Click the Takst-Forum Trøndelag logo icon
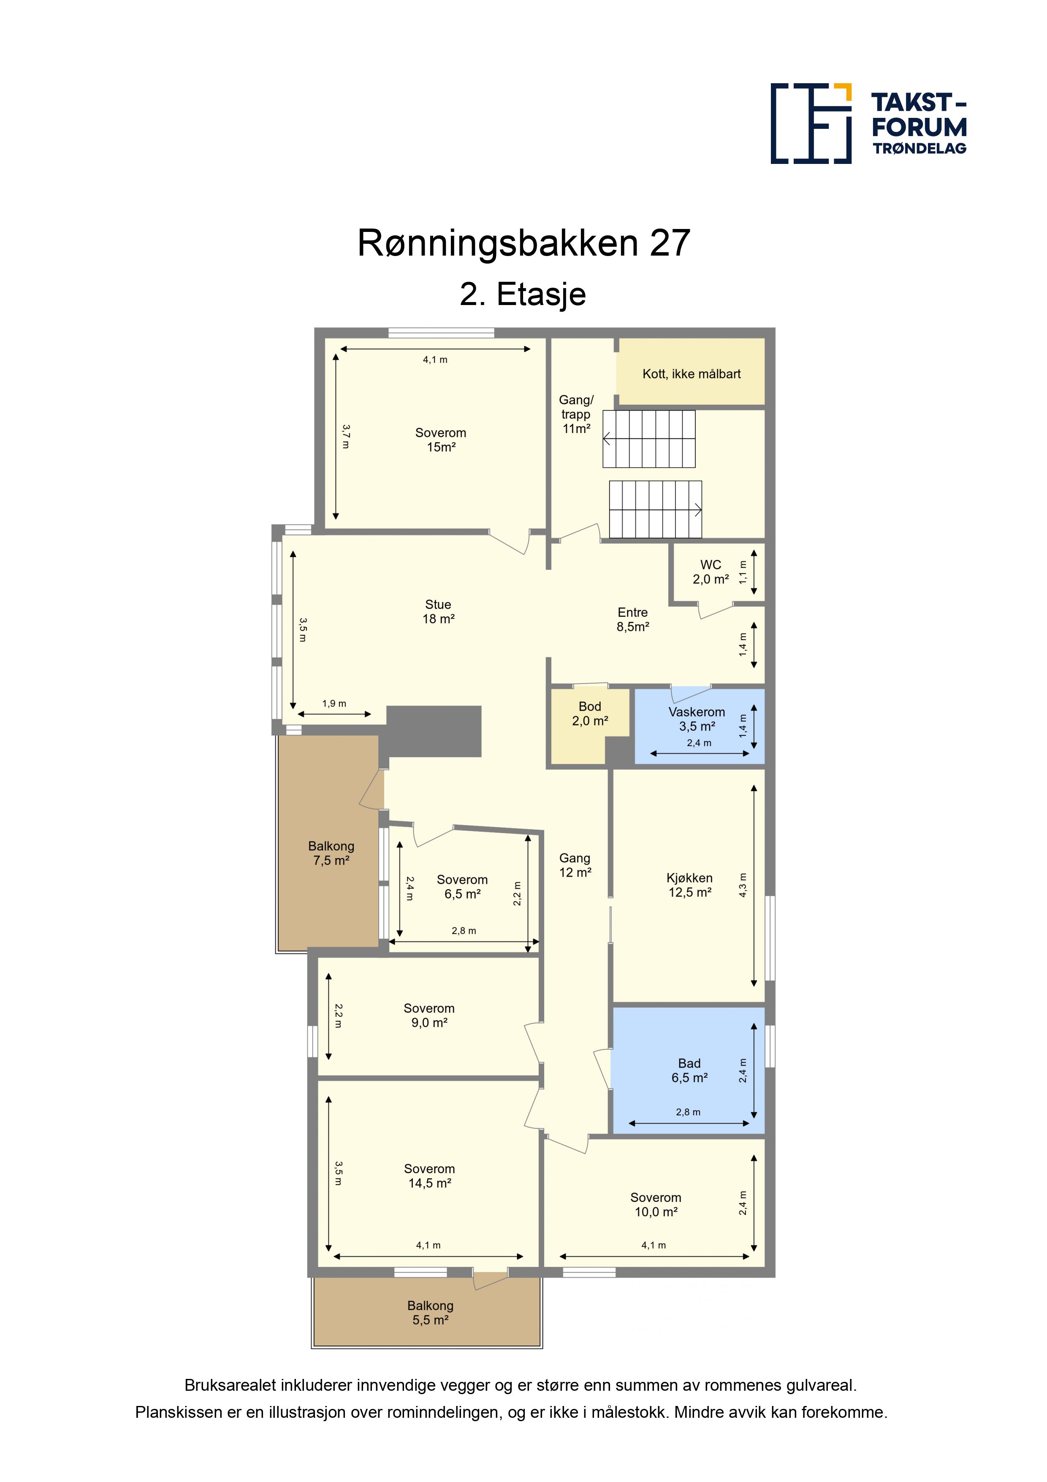811,123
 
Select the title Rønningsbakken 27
524,243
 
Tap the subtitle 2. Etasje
523,294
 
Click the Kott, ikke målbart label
692,374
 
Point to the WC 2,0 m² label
711,572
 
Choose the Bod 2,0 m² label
590,714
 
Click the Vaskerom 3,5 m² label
697,719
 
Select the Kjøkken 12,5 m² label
689,885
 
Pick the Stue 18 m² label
438,611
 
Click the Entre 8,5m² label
633,619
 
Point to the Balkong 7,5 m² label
331,853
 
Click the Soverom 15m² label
441,439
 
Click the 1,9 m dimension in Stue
334,703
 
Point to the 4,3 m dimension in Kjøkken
743,885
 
